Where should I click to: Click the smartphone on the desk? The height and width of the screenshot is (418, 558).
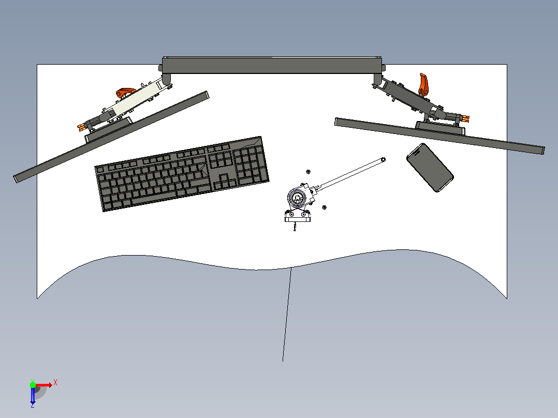(430, 168)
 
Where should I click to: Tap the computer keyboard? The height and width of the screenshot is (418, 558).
(182, 174)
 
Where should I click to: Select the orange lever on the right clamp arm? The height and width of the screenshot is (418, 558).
(423, 85)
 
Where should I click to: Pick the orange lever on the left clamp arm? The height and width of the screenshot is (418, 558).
(125, 93)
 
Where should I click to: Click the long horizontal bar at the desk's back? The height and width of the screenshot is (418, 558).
(272, 65)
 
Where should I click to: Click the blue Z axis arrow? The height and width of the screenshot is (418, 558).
(33, 395)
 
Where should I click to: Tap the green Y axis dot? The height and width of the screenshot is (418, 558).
(33, 385)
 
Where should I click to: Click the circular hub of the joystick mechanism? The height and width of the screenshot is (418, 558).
(297, 198)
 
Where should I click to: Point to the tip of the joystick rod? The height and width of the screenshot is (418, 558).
(383, 159)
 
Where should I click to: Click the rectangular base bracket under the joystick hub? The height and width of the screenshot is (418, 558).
(297, 217)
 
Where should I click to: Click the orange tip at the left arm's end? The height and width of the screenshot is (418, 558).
(81, 126)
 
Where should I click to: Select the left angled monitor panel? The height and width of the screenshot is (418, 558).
(111, 137)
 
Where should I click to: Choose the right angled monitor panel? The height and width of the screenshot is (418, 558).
(439, 136)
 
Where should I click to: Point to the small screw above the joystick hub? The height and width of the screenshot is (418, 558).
(308, 172)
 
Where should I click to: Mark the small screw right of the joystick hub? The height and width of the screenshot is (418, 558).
(324, 207)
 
